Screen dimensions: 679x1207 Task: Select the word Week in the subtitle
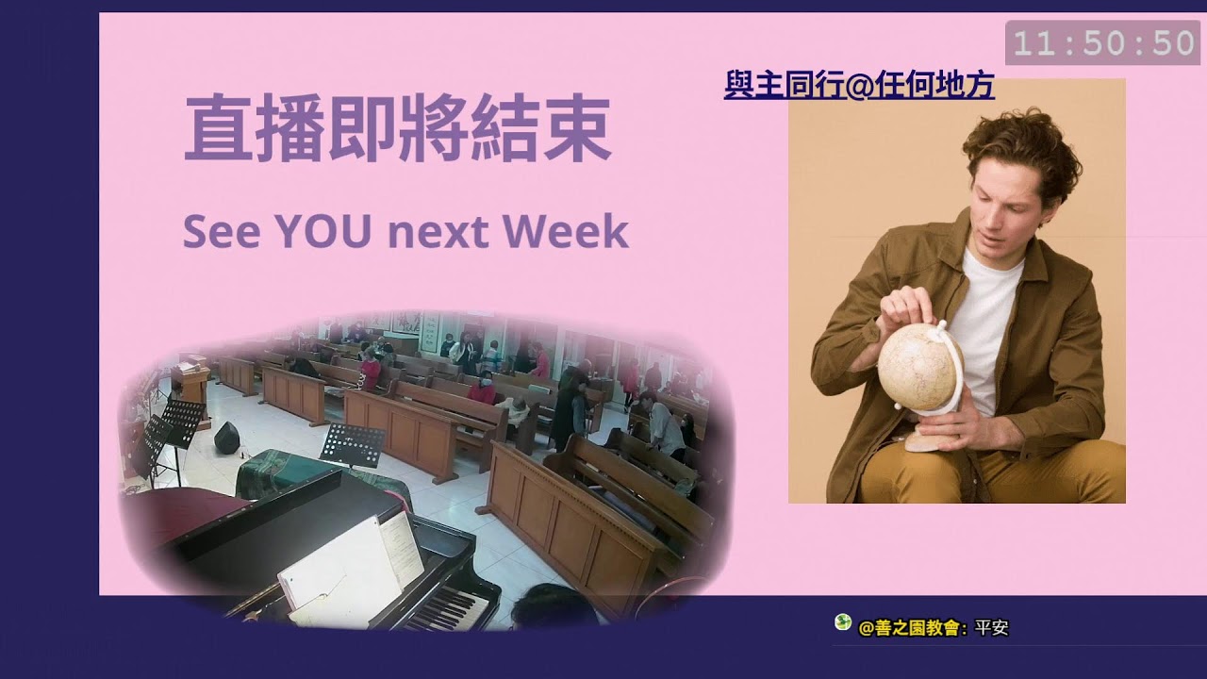coord(575,231)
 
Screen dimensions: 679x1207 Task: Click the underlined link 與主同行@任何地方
coord(859,87)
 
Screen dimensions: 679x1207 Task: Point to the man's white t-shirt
coord(985,321)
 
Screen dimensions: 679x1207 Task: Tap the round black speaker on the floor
coord(226,438)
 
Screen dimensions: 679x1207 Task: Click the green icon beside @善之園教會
coord(843,622)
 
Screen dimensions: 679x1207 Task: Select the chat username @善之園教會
coord(911,628)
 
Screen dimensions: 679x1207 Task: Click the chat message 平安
coord(992,628)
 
